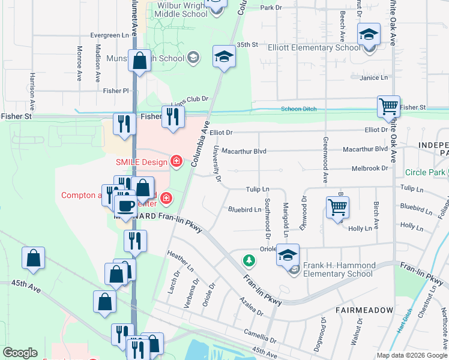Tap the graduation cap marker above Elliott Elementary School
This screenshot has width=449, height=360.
[369, 34]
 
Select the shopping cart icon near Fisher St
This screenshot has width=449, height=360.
[388, 107]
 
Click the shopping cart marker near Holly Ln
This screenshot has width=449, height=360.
[337, 208]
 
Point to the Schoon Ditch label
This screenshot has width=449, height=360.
[298, 109]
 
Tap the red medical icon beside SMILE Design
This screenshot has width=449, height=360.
[176, 161]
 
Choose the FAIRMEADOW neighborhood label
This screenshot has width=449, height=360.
[365, 310]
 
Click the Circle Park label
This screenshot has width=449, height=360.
[424, 173]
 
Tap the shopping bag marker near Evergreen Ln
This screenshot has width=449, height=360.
[139, 61]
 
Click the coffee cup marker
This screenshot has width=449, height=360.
[125, 207]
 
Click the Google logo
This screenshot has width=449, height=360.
[20, 353]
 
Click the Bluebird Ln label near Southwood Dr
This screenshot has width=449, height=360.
[244, 210]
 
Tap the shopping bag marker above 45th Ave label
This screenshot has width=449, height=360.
[33, 259]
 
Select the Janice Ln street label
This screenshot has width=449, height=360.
[373, 77]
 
